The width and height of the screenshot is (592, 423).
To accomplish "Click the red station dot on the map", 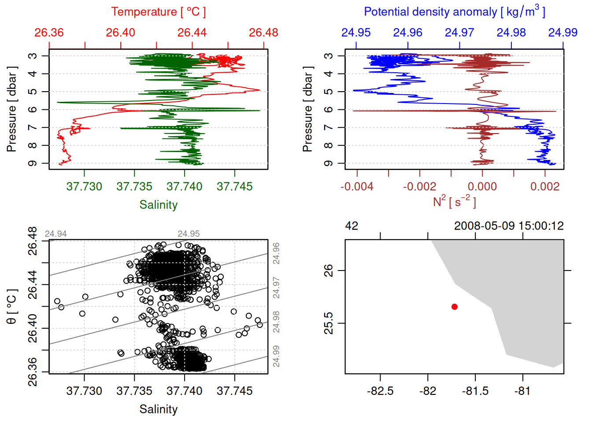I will pos(455,307).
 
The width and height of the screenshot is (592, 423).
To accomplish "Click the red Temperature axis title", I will pos(158,12).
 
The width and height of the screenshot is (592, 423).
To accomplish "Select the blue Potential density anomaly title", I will pos(455,12).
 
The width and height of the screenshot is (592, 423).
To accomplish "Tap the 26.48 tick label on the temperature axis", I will pos(263,33).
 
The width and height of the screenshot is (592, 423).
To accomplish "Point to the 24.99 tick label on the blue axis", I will pos(563,33).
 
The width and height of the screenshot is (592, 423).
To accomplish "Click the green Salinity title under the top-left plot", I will pos(158,205).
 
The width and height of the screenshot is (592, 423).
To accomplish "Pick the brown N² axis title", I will pos(455,201).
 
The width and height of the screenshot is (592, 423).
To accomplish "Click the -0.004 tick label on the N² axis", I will pos(357,186).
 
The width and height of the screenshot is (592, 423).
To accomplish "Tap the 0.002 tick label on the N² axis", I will pos(545,186).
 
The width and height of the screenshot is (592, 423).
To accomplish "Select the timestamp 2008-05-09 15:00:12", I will pos(509,226).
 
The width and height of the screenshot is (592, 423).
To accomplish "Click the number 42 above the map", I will pos(351,226).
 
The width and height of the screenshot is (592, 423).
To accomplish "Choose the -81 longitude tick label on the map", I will pos(523,391).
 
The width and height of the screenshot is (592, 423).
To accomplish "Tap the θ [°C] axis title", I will pos(12,307).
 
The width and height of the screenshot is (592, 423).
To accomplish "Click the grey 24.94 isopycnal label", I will pos(56,234).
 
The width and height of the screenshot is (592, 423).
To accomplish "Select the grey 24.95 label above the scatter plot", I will pos(189,234).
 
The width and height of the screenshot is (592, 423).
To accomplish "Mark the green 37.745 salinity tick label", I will pos(234,186).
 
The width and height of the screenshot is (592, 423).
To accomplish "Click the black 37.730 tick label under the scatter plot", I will pos(84,391).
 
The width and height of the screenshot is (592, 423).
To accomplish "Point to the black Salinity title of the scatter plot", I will pos(158,409).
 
